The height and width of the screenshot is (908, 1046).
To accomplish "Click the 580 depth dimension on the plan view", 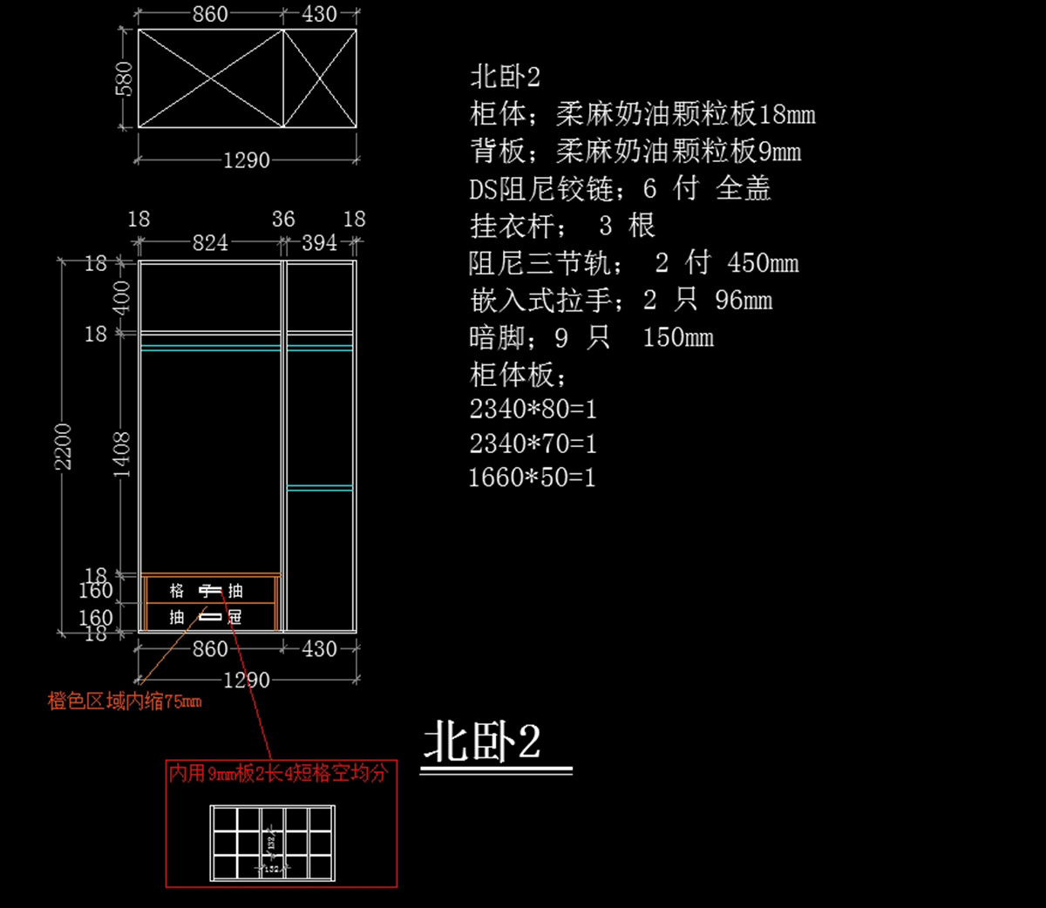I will tap(124, 78).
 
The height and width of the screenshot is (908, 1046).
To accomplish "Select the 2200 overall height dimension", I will tap(64, 446).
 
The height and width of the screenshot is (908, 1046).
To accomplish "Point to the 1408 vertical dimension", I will tap(122, 453).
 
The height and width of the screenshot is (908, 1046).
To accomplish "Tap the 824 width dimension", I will tap(210, 242).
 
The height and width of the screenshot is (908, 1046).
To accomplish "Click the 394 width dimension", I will tap(319, 242).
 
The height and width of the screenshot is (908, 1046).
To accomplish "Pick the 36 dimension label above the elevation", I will tap(283, 219).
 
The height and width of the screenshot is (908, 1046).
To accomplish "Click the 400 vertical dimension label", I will tap(122, 297).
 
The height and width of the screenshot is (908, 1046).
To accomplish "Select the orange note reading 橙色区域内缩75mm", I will tap(125, 701).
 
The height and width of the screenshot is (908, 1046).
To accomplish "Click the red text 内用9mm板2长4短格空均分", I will tap(278, 773).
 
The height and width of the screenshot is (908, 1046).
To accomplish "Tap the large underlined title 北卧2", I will tap(483, 742).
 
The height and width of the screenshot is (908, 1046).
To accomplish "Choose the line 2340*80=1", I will tap(533, 409).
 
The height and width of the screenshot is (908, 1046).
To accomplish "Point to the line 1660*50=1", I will tap(532, 478).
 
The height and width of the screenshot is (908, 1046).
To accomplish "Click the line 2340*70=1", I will tap(533, 444).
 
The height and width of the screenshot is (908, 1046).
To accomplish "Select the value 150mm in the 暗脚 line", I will tap(678, 337).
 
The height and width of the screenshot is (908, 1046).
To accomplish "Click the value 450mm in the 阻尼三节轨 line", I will tap(763, 262).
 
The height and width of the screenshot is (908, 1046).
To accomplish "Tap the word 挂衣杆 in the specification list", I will tap(512, 226).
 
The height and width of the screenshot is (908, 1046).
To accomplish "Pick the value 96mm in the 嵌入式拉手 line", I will tap(744, 301).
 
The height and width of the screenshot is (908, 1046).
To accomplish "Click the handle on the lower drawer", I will tap(210, 617).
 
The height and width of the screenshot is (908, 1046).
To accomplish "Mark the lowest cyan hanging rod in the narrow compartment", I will tap(320, 488).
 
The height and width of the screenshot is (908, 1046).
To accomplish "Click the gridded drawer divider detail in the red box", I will tap(272, 843).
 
